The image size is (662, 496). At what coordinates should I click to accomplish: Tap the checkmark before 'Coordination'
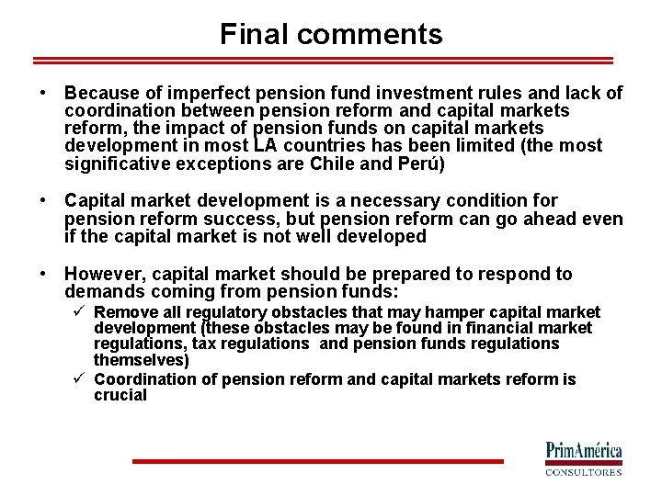[x=81, y=379]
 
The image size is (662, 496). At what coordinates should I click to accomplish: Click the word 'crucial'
[x=120, y=396]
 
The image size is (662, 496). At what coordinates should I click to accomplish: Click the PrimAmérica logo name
[x=585, y=451]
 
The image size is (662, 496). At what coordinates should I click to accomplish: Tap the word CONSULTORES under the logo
[x=585, y=472]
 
